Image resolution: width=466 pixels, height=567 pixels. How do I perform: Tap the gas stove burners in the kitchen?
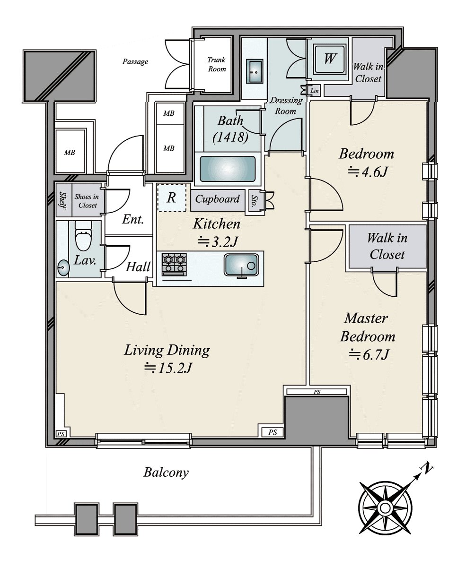pos(174,265)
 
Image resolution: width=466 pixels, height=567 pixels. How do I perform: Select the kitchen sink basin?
pos(241,265)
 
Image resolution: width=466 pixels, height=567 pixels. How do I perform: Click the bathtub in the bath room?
pos(228,169)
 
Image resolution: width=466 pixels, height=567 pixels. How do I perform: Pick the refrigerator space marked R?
pos(171,198)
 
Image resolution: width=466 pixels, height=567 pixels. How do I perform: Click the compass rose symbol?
pos(385,508)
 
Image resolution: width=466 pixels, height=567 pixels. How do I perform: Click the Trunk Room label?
pos(217,64)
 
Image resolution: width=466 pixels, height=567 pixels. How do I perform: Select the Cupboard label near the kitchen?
pos(217,199)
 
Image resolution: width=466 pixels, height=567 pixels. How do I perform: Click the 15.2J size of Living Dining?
pos(168,368)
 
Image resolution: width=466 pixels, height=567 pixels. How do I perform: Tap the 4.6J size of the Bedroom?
pos(368,172)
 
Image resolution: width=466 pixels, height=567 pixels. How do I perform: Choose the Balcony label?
pos(166,472)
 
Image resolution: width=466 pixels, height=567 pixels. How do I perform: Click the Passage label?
pos(135,62)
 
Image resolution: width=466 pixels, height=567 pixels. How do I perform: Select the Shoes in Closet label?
pos(87,201)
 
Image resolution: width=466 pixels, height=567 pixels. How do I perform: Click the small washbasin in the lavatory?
pos(63,267)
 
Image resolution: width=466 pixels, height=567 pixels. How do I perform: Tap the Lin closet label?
pos(315,91)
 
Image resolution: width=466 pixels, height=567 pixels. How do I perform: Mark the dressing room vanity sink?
pos(254,71)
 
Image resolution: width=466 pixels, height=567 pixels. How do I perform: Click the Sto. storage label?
pos(254,200)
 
